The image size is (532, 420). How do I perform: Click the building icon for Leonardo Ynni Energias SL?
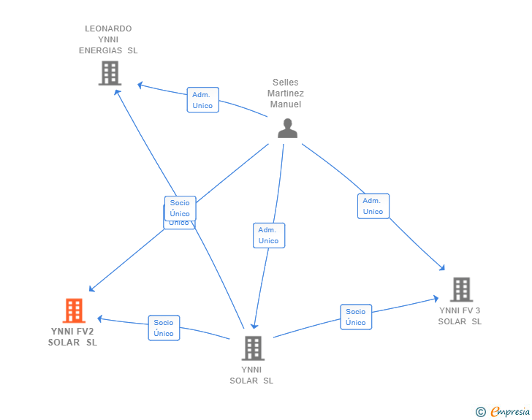click(110, 73)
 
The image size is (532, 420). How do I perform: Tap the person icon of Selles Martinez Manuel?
click(288, 129)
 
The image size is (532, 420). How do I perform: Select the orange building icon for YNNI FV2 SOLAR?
click(74, 311)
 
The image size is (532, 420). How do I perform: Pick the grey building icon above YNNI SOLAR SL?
click(253, 348)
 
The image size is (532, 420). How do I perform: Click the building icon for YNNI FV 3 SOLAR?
click(461, 290)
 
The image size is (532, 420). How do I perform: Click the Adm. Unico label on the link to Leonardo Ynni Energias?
click(202, 100)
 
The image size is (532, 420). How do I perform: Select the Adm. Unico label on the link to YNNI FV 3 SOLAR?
click(373, 206)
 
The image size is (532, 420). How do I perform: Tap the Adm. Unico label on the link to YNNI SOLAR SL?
click(268, 235)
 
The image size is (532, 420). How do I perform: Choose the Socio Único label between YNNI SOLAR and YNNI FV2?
click(164, 328)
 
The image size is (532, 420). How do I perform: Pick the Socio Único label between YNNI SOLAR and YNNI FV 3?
click(356, 317)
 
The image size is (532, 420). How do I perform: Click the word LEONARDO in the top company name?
click(108, 28)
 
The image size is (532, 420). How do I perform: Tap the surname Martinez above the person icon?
click(286, 93)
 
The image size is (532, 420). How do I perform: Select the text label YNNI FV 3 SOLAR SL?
click(460, 316)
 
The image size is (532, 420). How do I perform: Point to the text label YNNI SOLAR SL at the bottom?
click(251, 375)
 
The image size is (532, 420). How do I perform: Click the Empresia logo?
click(510, 412)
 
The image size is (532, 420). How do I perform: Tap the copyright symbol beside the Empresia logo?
click(481, 412)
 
